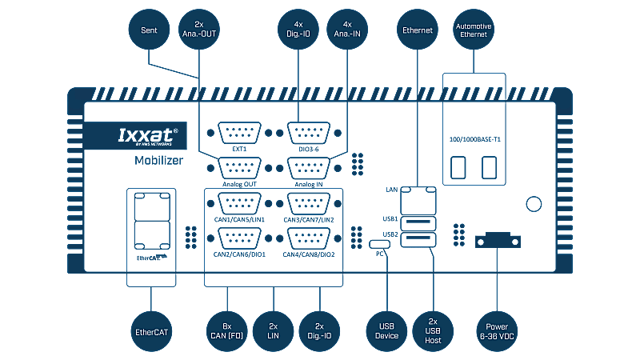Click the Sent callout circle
click(x=150, y=30)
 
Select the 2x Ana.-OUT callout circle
click(x=199, y=30)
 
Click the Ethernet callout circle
click(x=416, y=30)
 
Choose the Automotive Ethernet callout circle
click(x=474, y=30)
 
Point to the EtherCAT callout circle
click(x=151, y=330)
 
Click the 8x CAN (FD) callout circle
click(x=226, y=330)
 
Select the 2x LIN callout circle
click(x=273, y=330)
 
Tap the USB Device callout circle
click(x=386, y=330)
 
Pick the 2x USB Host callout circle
click(x=433, y=330)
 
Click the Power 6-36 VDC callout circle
click(x=497, y=330)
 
